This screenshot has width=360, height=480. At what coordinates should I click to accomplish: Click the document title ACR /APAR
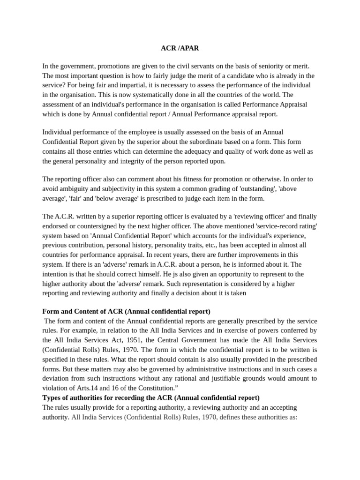180,48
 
